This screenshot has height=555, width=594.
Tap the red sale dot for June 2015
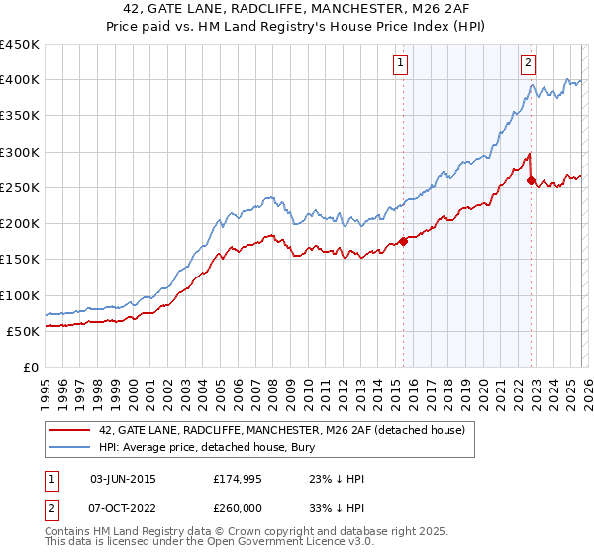[x=403, y=241]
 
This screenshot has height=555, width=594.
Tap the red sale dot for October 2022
[x=532, y=180]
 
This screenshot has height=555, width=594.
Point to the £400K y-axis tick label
[x=20, y=80]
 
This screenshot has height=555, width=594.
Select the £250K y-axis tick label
[x=20, y=187]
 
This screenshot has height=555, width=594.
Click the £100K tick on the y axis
[x=20, y=295]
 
